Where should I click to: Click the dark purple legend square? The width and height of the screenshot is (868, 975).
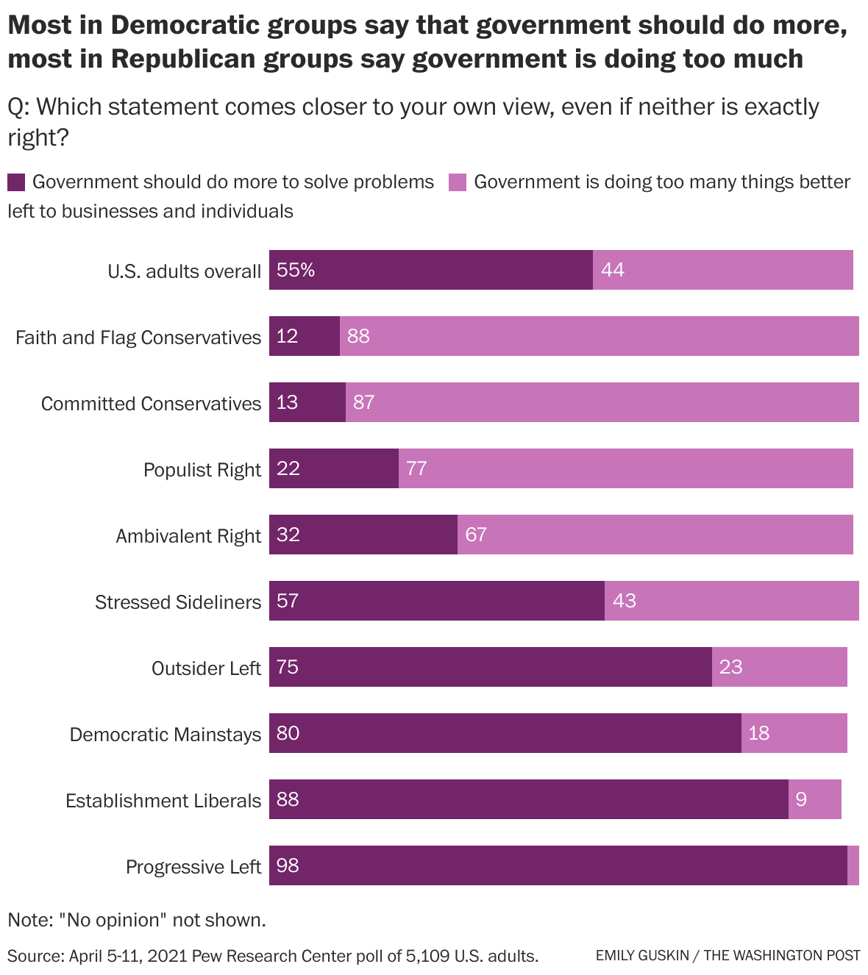click(16, 182)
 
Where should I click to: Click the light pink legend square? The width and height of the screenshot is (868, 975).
click(458, 182)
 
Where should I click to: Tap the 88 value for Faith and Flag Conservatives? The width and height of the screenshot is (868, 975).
click(358, 336)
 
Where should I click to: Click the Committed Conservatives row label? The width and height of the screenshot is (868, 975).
click(151, 404)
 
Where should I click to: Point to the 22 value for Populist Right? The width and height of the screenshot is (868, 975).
click(288, 468)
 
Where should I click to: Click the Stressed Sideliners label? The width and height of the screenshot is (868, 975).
click(178, 602)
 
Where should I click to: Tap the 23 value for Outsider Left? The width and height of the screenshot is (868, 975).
click(730, 667)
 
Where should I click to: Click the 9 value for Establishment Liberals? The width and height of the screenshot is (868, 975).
click(801, 799)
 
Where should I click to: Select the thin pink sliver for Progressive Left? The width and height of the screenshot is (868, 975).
click(853, 865)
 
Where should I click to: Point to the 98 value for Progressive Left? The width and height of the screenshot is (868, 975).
click(288, 865)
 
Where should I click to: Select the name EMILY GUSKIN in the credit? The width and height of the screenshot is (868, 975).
click(642, 956)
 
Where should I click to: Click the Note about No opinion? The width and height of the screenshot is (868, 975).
click(137, 920)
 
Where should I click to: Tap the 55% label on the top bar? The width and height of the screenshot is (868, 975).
click(296, 270)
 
